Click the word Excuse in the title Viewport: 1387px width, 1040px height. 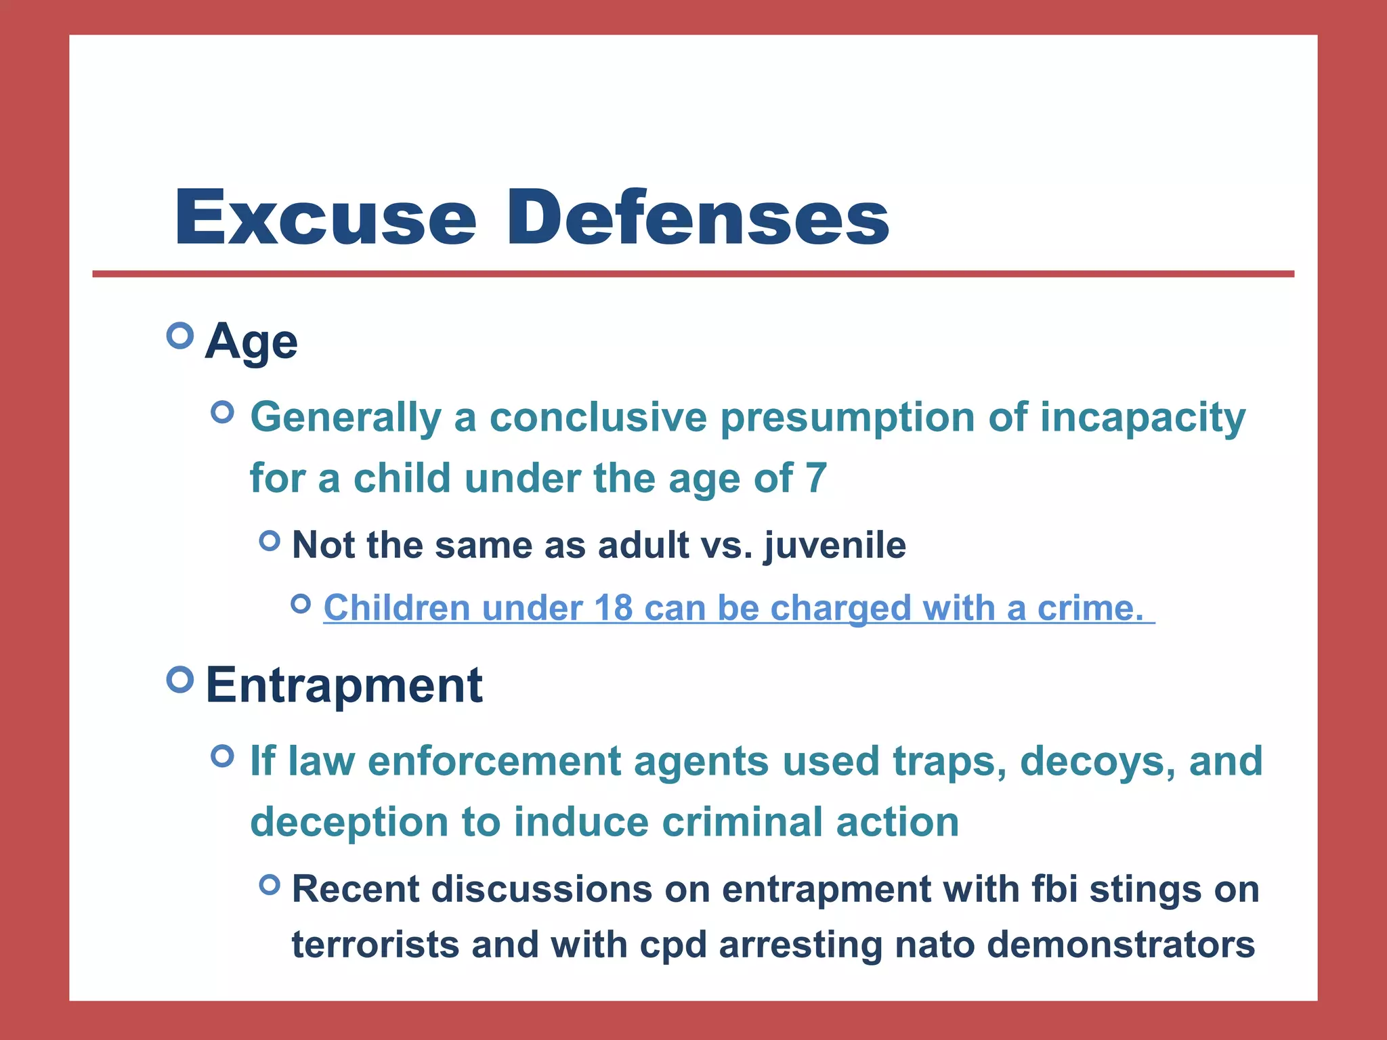point(325,218)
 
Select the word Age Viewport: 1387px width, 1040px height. point(251,343)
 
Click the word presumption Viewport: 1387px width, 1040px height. point(847,418)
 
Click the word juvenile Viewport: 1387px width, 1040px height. point(835,546)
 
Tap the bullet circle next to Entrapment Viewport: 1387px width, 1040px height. point(179,679)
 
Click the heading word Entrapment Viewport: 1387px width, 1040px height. point(344,685)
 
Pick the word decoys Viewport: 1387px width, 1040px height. point(1098,762)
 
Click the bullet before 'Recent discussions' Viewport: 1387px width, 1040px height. point(270,884)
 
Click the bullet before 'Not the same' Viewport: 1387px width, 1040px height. point(270,540)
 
